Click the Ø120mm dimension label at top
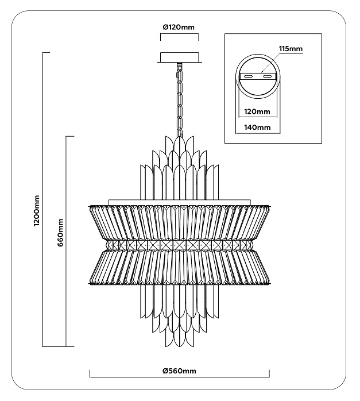[x=179, y=27]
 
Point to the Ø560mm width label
[x=179, y=371]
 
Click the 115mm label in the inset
[x=291, y=48]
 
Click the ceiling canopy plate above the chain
[x=179, y=57]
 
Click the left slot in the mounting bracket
[x=249, y=76]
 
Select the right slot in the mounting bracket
[x=267, y=76]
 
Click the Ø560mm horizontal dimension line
[x=179, y=377]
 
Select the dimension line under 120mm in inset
[x=258, y=117]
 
